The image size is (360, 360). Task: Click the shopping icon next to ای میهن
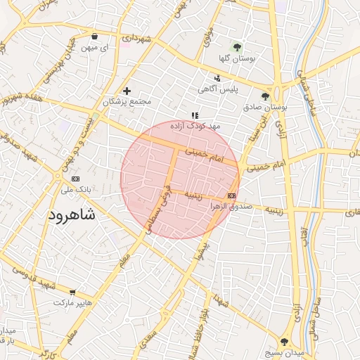tap(94, 37)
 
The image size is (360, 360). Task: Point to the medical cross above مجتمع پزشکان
tap(127, 91)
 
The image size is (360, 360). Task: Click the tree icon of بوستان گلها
tap(237, 48)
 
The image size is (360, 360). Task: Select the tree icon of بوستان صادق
tap(265, 96)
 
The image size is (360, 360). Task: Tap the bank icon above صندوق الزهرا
tap(232, 195)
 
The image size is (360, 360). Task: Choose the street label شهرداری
tap(136, 37)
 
